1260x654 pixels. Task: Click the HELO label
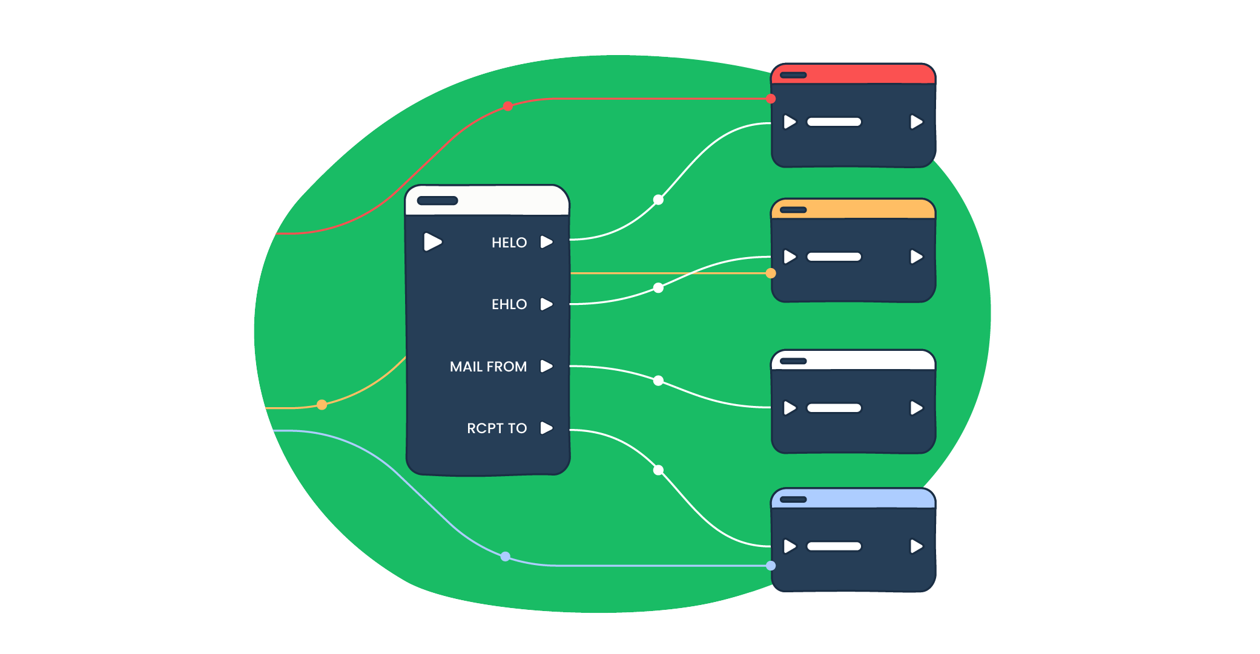pyautogui.click(x=509, y=243)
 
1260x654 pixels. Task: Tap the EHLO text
pyautogui.click(x=509, y=304)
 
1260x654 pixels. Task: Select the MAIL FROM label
pyautogui.click(x=488, y=367)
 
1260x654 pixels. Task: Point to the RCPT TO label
pyautogui.click(x=496, y=428)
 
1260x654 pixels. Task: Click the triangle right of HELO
pyautogui.click(x=546, y=242)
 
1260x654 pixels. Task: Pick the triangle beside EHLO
pyautogui.click(x=546, y=304)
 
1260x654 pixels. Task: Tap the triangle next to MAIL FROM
pyautogui.click(x=546, y=366)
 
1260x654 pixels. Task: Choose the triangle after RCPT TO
pyautogui.click(x=546, y=428)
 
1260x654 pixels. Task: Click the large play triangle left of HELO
pyautogui.click(x=432, y=241)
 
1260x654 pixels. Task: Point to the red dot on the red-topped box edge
pyautogui.click(x=771, y=99)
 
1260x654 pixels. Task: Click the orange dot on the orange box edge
pyautogui.click(x=771, y=273)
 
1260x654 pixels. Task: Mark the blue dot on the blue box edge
pyautogui.click(x=771, y=566)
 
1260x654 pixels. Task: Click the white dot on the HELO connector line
pyautogui.click(x=658, y=200)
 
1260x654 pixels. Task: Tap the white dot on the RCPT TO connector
pyautogui.click(x=658, y=470)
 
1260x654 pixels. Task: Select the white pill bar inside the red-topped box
pyautogui.click(x=834, y=122)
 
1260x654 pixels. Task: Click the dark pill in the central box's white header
pyautogui.click(x=437, y=201)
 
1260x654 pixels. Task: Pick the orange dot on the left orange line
pyautogui.click(x=322, y=405)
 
